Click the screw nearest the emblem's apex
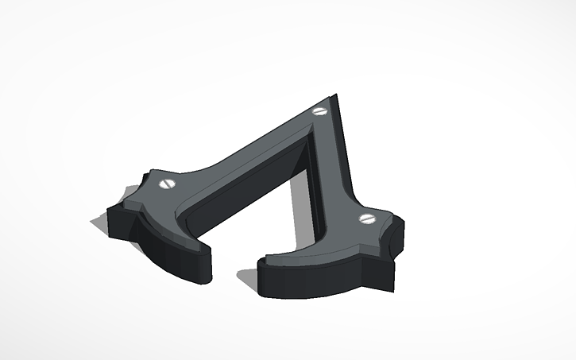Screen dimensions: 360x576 pyautogui.click(x=320, y=111)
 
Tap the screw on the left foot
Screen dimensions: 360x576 pyautogui.click(x=167, y=184)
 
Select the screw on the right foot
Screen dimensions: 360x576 pyautogui.click(x=365, y=217)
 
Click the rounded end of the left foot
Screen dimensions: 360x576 pyautogui.click(x=202, y=258)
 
